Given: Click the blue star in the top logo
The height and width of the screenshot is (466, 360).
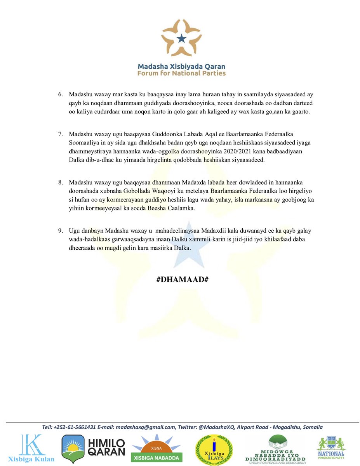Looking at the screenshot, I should [x=181, y=38].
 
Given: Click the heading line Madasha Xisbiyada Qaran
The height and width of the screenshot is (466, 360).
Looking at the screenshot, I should [x=181, y=66].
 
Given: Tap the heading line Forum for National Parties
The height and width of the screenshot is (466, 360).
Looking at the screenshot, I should [x=181, y=73].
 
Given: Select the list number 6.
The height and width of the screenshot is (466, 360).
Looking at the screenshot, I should [x=61, y=95].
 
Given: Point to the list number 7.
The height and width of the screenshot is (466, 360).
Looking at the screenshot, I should [x=61, y=134].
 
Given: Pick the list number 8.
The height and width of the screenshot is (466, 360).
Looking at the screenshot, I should [x=61, y=181].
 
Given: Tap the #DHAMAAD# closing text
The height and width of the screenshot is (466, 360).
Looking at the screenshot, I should [x=180, y=280].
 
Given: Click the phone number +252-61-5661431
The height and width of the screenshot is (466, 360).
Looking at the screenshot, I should [x=77, y=427].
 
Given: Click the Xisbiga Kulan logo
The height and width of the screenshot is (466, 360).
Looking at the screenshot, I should [x=32, y=449].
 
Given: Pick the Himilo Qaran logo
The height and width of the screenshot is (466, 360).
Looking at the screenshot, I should [x=93, y=449].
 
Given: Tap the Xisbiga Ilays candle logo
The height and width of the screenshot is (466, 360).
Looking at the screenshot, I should [x=214, y=449].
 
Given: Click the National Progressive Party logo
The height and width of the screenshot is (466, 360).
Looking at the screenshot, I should [x=331, y=448].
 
